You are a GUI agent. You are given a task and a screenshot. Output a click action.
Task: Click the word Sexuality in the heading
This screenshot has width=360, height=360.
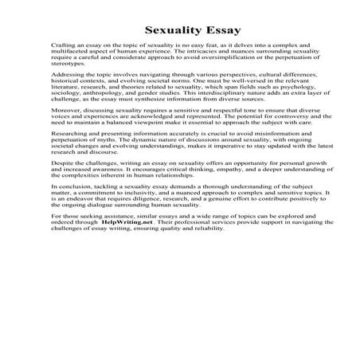(155, 33)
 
